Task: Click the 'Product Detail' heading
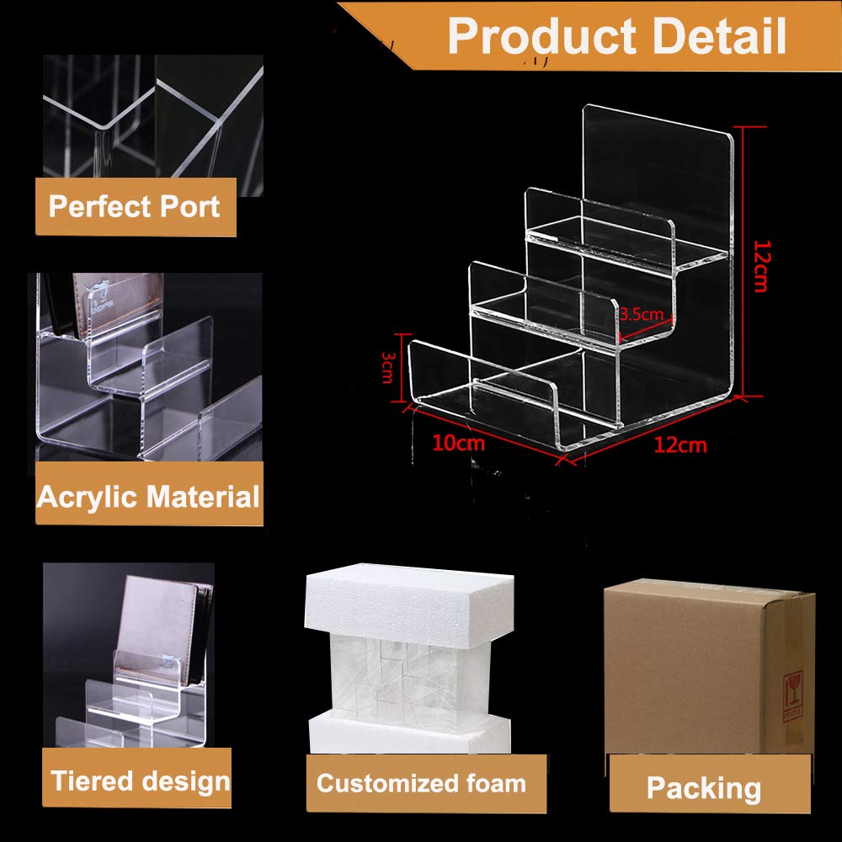(x=617, y=35)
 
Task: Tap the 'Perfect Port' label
(x=135, y=206)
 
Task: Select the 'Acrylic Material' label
(x=148, y=497)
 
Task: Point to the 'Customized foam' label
(x=421, y=784)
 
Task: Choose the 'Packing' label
(x=704, y=789)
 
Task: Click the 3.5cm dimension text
(x=642, y=315)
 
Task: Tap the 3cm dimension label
(x=387, y=367)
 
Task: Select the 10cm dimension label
(x=458, y=443)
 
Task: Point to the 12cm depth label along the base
(x=680, y=445)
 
